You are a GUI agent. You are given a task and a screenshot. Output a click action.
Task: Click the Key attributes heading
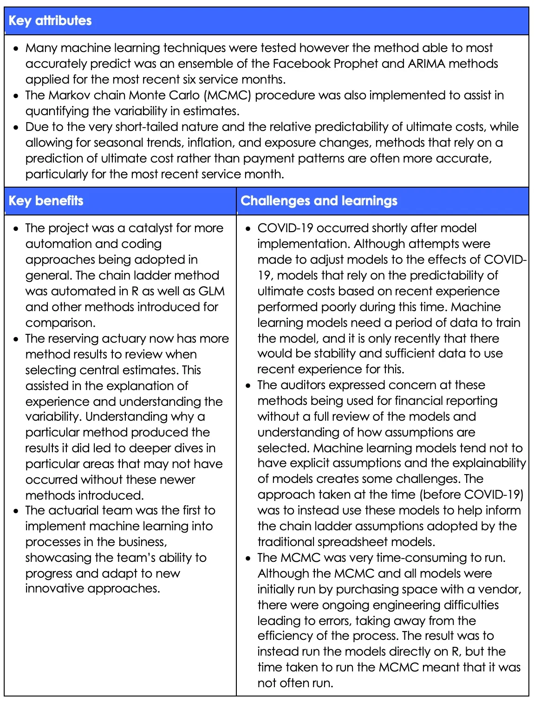point(50,20)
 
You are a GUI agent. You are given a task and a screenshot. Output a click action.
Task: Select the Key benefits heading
point(46,201)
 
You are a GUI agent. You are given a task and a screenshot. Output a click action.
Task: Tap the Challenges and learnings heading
point(319,201)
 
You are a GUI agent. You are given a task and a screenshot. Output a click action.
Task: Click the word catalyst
point(150,228)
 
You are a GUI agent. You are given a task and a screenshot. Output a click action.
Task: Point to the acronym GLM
point(211,291)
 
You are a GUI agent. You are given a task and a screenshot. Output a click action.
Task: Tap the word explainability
point(491,463)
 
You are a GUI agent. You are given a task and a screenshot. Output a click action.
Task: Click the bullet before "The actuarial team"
point(16,511)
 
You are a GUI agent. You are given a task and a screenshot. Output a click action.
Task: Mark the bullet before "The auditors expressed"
point(248,386)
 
